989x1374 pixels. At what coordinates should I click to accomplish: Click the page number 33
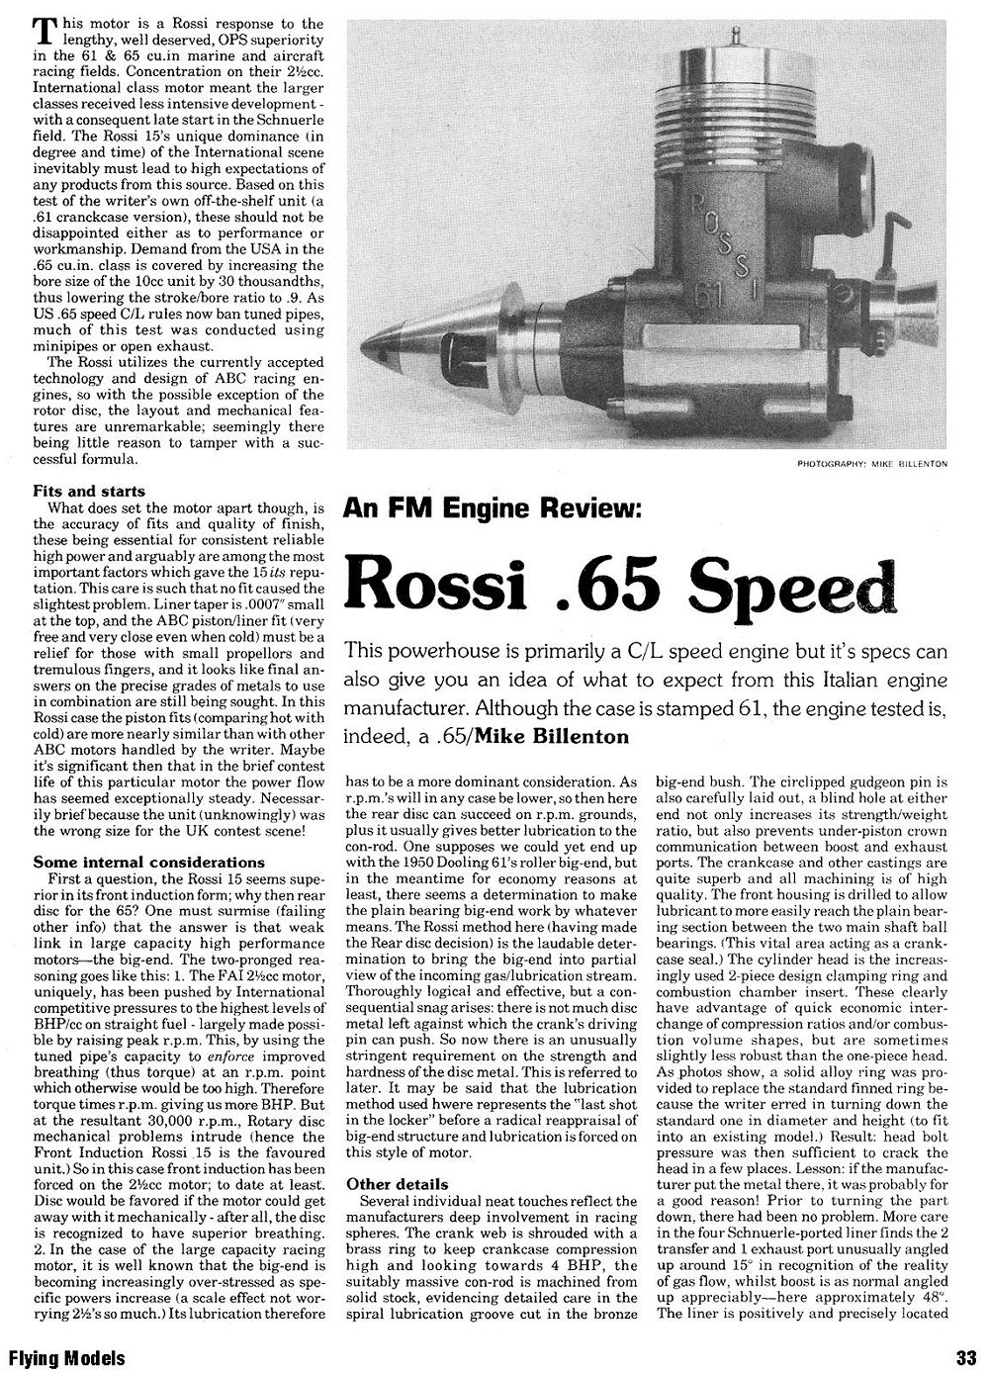(x=966, y=1357)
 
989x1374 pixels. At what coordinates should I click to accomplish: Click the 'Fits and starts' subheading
(x=89, y=491)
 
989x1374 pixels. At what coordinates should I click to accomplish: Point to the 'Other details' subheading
(x=398, y=1184)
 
